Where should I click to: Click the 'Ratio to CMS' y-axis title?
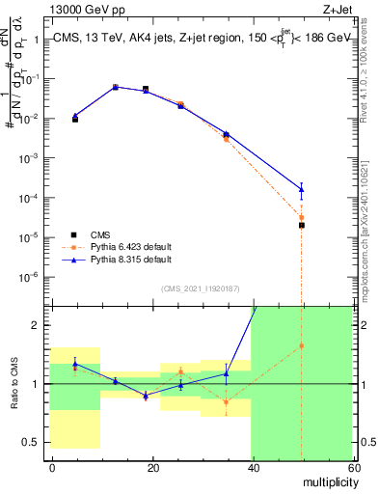[14, 384]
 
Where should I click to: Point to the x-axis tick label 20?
[152, 467]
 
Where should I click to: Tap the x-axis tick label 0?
[52, 467]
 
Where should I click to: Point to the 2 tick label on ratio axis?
[38, 325]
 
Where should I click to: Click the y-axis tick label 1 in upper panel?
[38, 41]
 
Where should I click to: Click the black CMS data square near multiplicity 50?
[302, 225]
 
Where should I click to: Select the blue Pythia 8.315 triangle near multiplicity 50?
[302, 189]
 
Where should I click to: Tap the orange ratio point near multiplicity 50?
[302, 345]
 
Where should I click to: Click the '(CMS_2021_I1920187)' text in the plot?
[201, 288]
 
